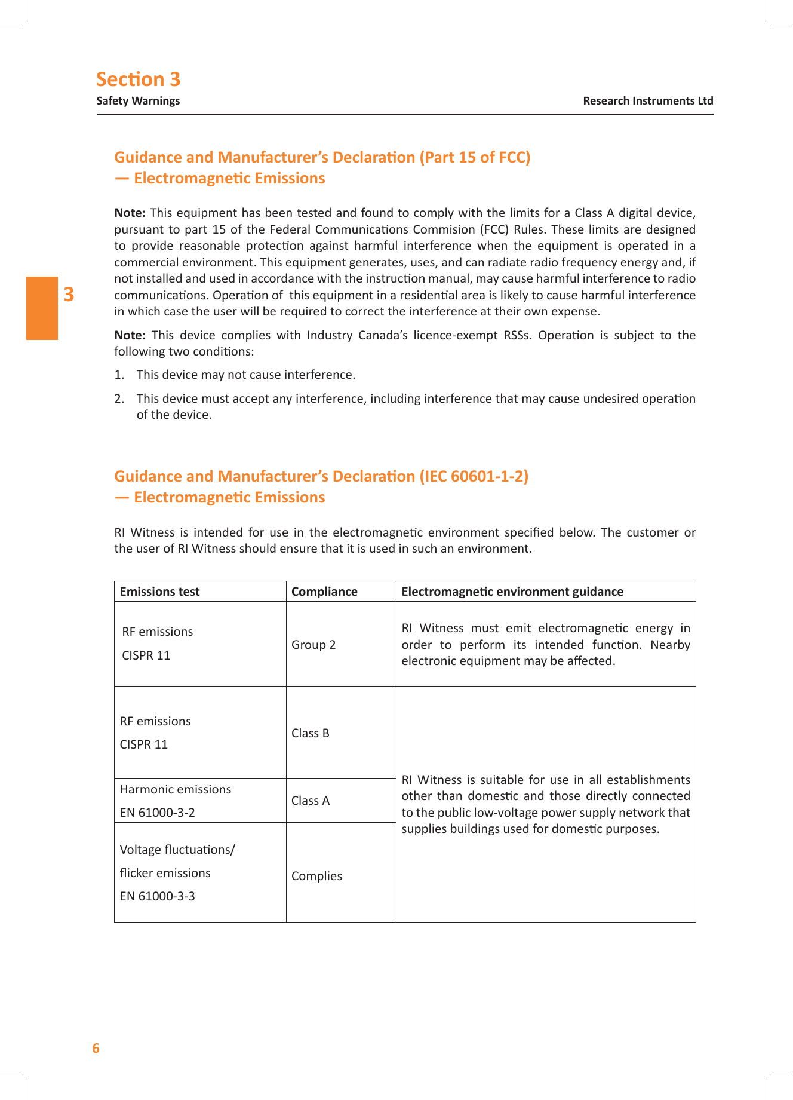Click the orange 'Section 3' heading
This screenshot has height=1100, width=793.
click(138, 79)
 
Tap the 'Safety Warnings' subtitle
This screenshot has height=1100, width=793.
click(138, 101)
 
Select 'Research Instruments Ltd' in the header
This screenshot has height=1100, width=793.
click(648, 101)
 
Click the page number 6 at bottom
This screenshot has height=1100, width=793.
click(96, 1048)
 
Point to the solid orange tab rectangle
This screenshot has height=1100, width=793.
click(42, 308)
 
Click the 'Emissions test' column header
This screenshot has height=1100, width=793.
click(159, 592)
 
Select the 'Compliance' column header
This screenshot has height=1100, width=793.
click(324, 592)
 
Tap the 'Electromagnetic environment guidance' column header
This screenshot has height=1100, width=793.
click(512, 592)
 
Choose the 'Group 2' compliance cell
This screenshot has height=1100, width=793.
click(313, 645)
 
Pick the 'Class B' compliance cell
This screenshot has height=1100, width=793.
click(311, 733)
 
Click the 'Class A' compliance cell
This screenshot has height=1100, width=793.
click(311, 801)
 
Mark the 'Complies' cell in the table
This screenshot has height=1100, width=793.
click(316, 876)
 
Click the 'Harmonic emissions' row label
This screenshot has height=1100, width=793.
click(176, 789)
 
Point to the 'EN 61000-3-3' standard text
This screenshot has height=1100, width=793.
click(157, 896)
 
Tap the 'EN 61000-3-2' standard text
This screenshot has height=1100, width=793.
click(157, 813)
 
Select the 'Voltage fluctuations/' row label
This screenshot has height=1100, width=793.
click(177, 850)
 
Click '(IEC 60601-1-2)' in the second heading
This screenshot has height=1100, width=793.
click(474, 476)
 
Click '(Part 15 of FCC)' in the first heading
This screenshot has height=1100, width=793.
click(475, 157)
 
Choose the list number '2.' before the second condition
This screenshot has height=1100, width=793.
click(119, 399)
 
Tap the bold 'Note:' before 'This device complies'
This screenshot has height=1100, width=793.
click(130, 335)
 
